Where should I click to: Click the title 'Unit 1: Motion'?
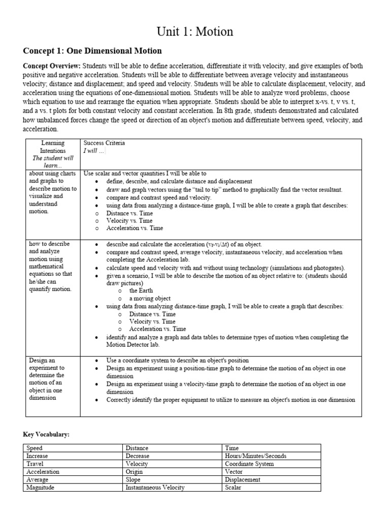point(194,31)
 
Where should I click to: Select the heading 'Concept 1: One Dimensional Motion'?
point(92,51)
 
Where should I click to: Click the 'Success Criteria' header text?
point(104,143)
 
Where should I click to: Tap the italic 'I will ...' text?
point(94,151)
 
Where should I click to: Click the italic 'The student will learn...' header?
point(53,161)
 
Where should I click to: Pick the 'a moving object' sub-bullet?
point(150,299)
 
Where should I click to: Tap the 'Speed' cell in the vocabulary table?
point(35,448)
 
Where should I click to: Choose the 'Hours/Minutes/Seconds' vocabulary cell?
point(255,456)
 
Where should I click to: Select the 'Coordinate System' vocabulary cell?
point(249,464)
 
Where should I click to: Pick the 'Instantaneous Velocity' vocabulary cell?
point(155,487)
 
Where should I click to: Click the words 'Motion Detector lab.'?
point(133,345)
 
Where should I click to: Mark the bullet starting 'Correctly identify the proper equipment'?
point(231,400)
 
